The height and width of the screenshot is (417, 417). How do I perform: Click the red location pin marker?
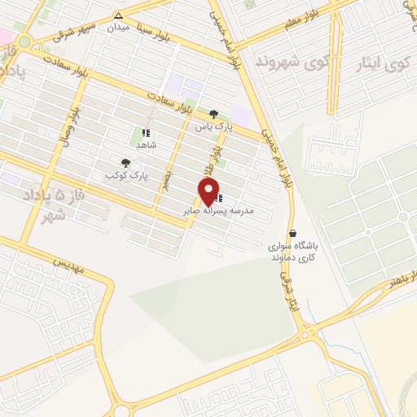[x=208, y=191]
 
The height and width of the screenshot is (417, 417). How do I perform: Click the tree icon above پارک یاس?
[x=213, y=115]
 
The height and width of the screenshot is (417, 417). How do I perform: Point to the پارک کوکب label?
[x=121, y=175]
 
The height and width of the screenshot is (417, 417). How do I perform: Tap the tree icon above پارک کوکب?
[x=125, y=163]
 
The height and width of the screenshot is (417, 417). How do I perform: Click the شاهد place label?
[x=146, y=144]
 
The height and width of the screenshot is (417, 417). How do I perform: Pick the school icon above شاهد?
[x=146, y=133]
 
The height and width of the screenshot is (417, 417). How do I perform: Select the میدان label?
[x=120, y=27]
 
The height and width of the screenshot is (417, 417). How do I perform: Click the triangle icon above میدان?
[x=119, y=15]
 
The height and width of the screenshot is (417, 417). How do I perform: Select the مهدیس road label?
[x=69, y=266]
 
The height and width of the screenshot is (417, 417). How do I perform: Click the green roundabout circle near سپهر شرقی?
[x=24, y=42]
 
